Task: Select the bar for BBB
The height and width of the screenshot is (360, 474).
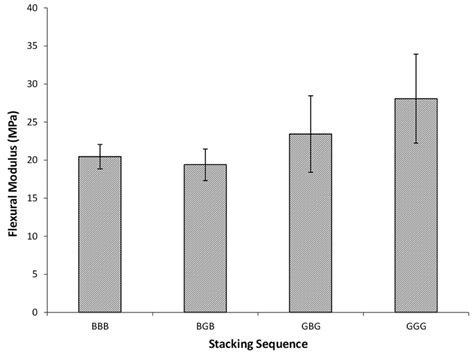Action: (106, 234)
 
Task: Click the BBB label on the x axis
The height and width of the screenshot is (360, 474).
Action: (106, 324)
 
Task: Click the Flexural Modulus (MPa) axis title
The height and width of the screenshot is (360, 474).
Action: (12, 160)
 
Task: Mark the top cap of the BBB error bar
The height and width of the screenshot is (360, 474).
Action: (106, 144)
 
